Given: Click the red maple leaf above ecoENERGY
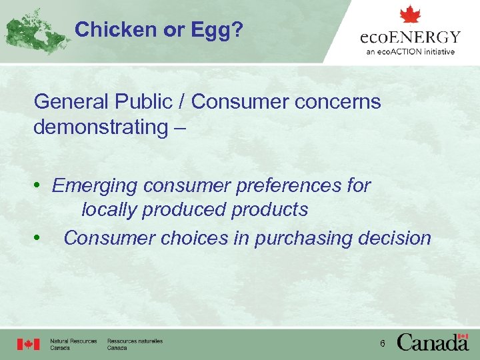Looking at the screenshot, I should [x=410, y=15].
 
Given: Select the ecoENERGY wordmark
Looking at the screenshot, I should [x=410, y=37].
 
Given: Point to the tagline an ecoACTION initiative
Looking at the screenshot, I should [x=410, y=52].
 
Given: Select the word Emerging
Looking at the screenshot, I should [x=95, y=185].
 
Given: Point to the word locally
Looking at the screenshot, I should [x=110, y=209].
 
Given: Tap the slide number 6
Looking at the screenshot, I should [x=382, y=343].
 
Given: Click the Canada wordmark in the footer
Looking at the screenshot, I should [x=433, y=343].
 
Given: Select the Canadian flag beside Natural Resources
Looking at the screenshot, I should [x=29, y=344].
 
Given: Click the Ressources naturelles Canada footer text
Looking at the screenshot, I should [x=135, y=344].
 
